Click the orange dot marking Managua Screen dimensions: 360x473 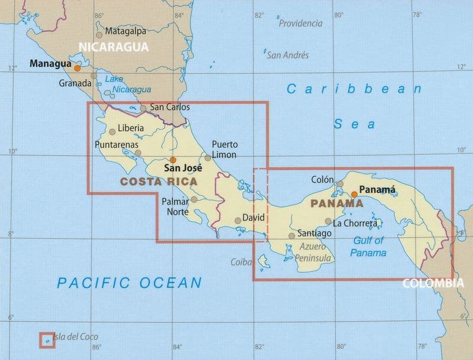pos(77,68)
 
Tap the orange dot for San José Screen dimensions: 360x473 pos(173,160)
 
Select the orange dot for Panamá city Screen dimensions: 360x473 pos(354,194)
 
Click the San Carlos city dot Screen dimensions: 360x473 pos(143,108)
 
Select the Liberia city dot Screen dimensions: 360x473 pos(112,132)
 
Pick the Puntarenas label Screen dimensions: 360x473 pos(116,144)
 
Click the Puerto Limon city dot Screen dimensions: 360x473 pos(208,158)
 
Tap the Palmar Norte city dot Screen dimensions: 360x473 pos(194,199)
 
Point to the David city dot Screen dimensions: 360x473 pos(238,220)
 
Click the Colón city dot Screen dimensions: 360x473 pos(340,183)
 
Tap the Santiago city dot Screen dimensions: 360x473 pos(291,235)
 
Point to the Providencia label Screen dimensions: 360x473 pos(301,24)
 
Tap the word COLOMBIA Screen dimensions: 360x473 pos(433,283)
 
